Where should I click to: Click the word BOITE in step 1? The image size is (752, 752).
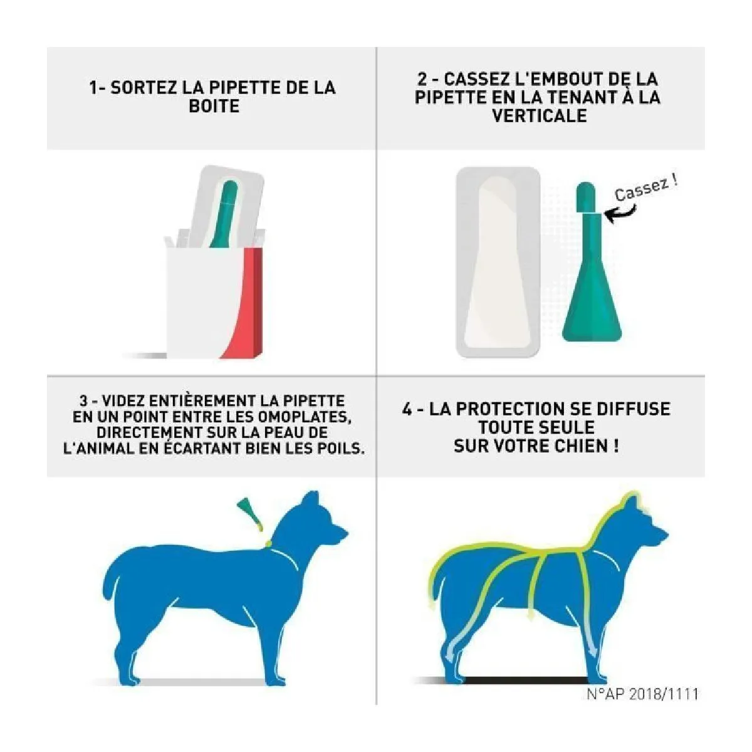214,106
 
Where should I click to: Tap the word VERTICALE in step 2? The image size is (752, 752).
540,115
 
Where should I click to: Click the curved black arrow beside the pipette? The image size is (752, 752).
620,214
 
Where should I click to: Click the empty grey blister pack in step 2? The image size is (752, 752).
498,262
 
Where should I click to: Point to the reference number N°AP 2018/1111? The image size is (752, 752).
642,694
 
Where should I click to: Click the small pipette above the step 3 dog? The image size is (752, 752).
250,514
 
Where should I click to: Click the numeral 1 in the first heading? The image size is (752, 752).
93,87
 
